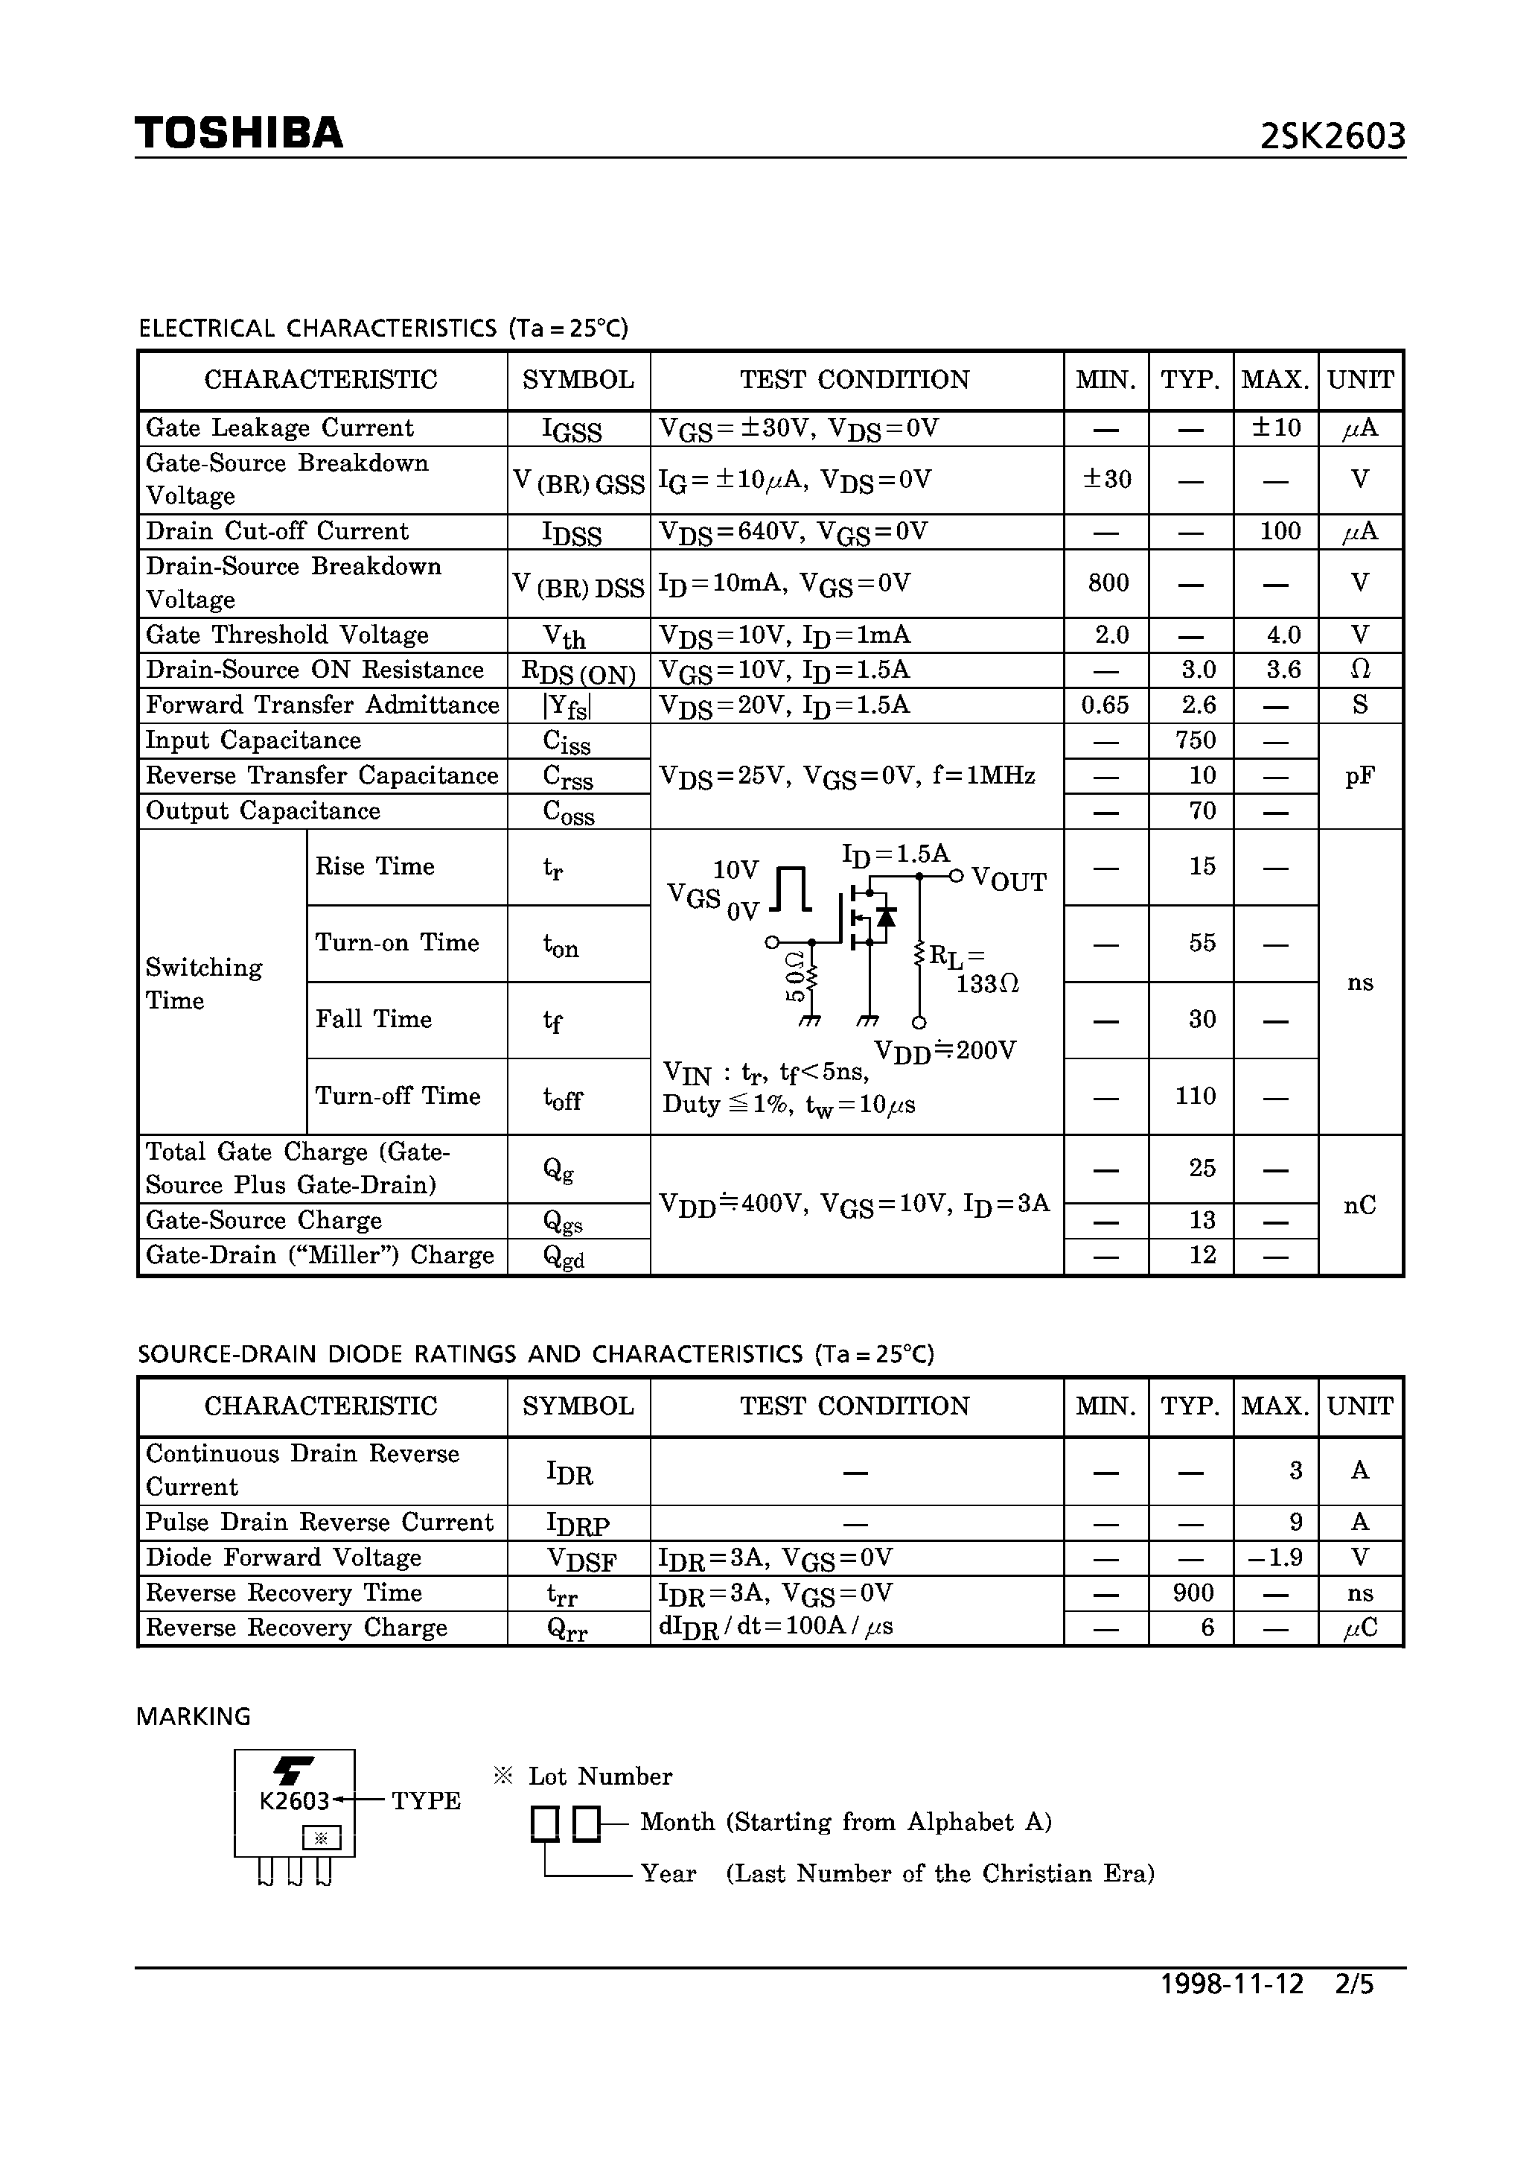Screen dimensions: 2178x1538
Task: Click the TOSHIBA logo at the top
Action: click(239, 134)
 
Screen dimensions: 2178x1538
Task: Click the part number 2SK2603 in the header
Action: click(1333, 138)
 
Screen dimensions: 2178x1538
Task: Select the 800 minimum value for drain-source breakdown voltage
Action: click(1108, 582)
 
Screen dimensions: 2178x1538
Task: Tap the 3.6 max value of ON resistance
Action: click(1283, 670)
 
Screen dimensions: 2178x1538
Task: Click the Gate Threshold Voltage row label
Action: click(287, 635)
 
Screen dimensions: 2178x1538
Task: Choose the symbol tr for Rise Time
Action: click(553, 868)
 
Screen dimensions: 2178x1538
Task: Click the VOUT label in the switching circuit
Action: click(1009, 881)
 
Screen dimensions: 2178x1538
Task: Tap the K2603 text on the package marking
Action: click(294, 1800)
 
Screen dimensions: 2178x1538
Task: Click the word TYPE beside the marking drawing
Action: click(426, 1800)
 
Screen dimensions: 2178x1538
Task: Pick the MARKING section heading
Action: click(194, 1716)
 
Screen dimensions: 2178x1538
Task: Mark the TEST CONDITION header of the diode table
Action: click(855, 1406)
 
